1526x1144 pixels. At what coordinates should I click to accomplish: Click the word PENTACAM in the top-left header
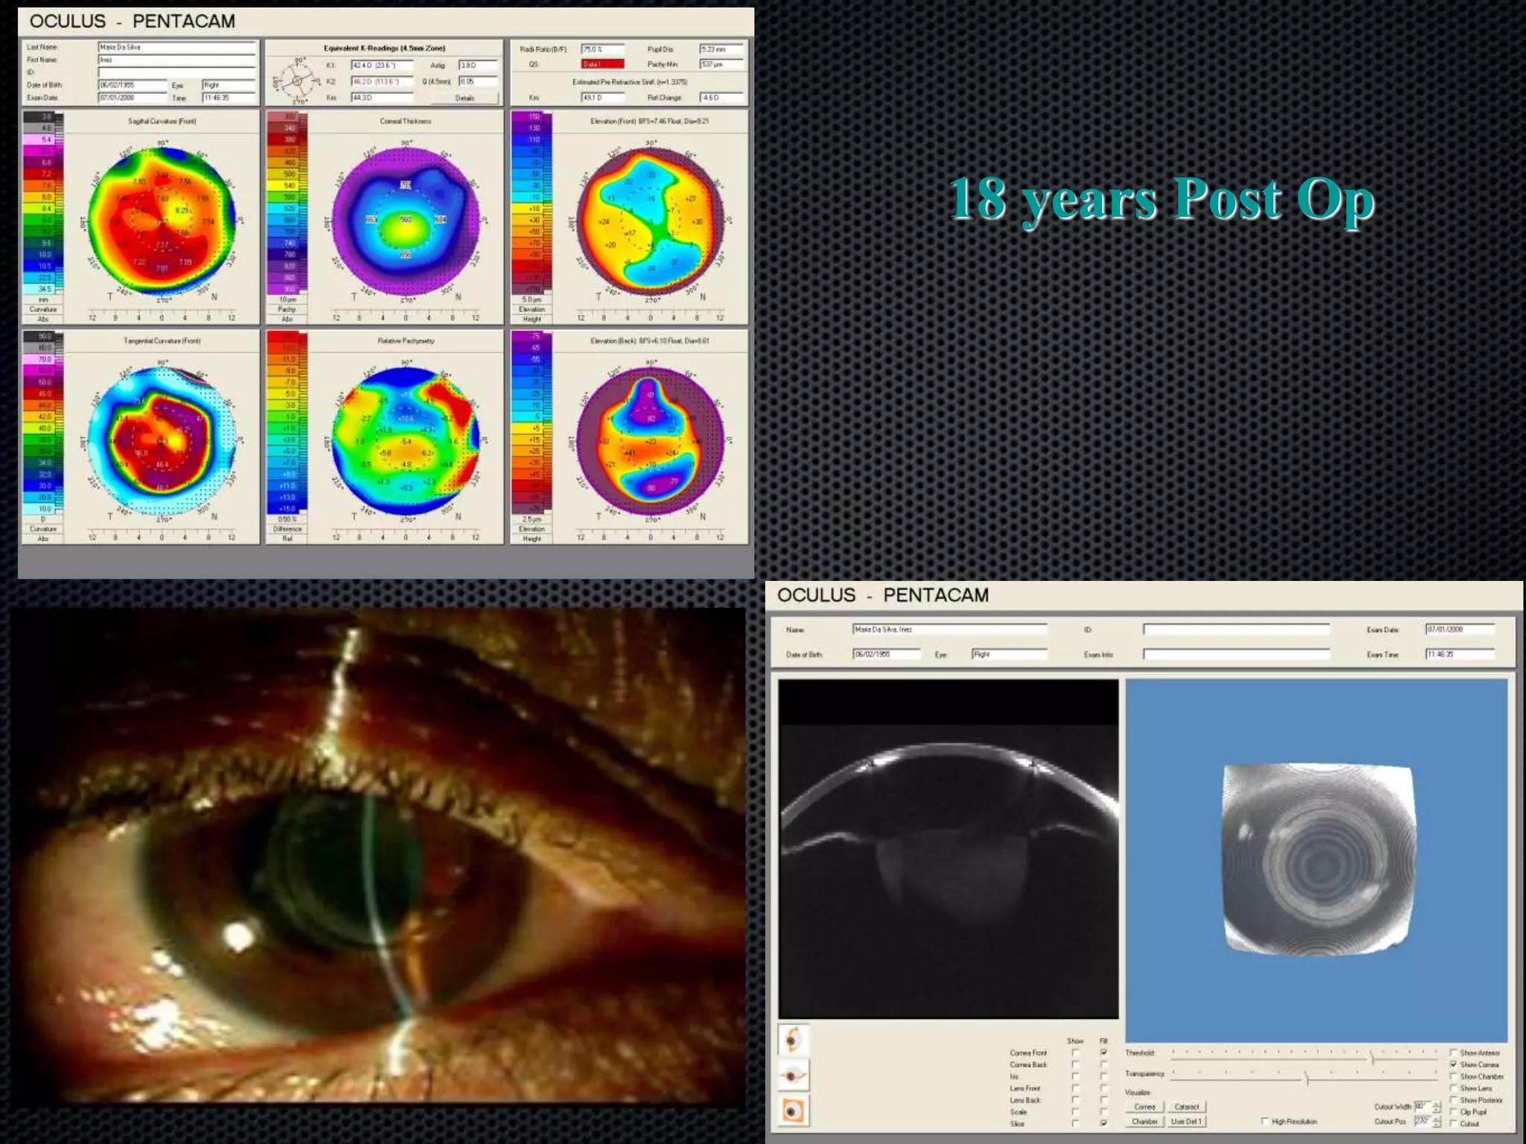[183, 22]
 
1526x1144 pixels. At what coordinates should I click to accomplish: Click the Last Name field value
[176, 47]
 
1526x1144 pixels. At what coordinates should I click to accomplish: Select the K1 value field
[381, 66]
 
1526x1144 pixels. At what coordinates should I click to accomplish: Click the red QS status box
[602, 65]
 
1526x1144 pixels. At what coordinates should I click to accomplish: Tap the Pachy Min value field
[721, 65]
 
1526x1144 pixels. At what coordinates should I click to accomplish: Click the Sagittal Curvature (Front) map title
[162, 121]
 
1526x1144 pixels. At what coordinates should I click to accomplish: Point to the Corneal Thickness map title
[405, 121]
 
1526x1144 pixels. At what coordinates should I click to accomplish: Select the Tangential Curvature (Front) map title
[162, 340]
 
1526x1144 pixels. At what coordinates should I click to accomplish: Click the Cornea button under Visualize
[1144, 1107]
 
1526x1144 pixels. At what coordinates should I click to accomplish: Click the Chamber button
[1144, 1121]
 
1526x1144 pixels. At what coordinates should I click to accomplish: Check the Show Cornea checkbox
[1454, 1064]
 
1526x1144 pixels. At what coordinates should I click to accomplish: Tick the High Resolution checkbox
[1264, 1121]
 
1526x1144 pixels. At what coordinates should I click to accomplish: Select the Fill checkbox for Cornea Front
[1104, 1052]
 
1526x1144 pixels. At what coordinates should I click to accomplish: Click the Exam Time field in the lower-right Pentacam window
[1459, 654]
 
